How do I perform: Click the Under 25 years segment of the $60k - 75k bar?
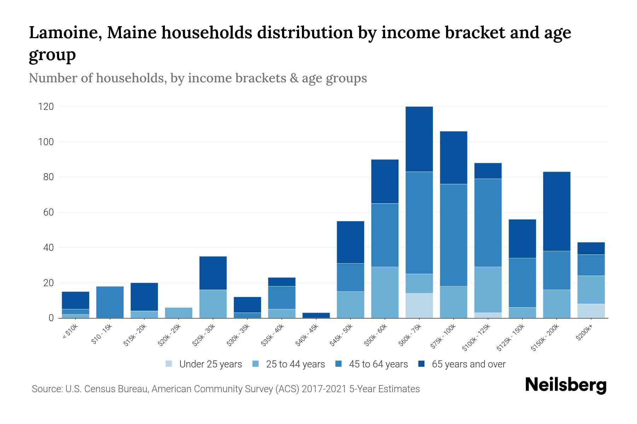(x=419, y=306)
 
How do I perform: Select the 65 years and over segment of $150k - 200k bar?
(x=556, y=211)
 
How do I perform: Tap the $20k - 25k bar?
(x=179, y=313)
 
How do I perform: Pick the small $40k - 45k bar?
(x=316, y=315)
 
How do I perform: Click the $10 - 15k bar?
(x=110, y=302)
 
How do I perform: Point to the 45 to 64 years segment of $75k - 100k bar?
(x=453, y=235)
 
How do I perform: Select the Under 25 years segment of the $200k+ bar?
(x=591, y=311)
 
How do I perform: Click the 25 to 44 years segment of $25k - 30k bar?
(x=213, y=304)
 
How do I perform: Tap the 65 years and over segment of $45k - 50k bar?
(x=350, y=242)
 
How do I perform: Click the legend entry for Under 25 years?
(x=203, y=364)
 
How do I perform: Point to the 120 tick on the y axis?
(x=46, y=107)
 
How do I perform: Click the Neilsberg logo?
(x=566, y=385)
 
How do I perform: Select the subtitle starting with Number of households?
(x=197, y=78)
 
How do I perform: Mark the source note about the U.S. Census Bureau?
(x=225, y=389)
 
